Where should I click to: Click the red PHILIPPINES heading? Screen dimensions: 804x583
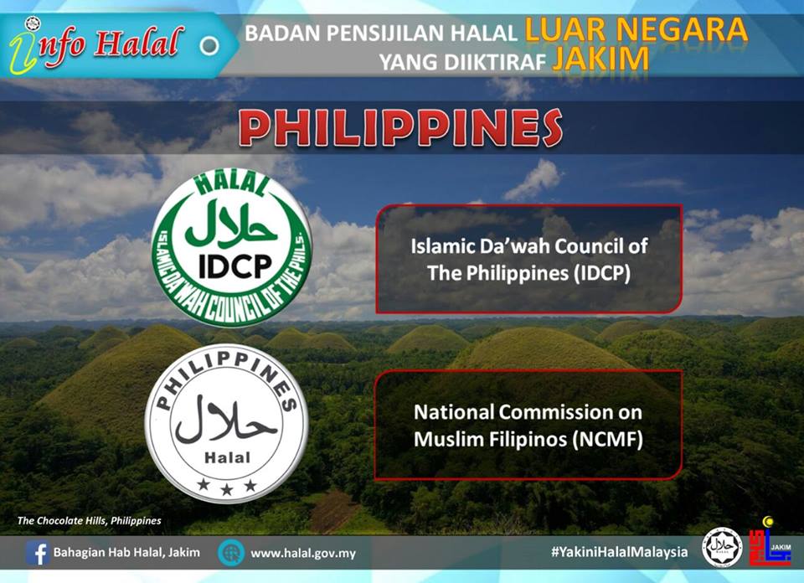click(400, 127)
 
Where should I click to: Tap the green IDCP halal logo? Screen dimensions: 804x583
click(232, 247)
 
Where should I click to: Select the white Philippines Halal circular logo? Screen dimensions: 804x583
click(227, 424)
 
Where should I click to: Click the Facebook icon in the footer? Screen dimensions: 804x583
click(38, 553)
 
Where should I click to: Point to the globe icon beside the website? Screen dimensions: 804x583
click(231, 553)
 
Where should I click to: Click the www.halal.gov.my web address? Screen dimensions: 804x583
click(303, 554)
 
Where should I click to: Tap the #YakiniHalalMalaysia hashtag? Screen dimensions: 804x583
click(620, 552)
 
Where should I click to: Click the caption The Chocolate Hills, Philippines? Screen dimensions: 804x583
click(90, 521)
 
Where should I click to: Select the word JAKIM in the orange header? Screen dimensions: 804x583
click(600, 59)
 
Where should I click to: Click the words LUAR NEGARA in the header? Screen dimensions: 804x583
click(636, 30)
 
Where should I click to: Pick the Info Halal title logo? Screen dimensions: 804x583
click(96, 44)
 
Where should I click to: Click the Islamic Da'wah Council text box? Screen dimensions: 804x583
click(528, 259)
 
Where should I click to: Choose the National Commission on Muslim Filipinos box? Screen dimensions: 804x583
click(528, 425)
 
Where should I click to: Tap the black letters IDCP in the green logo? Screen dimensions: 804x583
click(235, 266)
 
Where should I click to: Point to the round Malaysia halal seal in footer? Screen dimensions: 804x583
click(722, 548)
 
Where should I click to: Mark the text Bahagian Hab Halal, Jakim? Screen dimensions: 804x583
click(126, 552)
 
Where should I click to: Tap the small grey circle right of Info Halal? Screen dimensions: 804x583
click(209, 45)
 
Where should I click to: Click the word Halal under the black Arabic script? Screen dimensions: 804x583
click(227, 457)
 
